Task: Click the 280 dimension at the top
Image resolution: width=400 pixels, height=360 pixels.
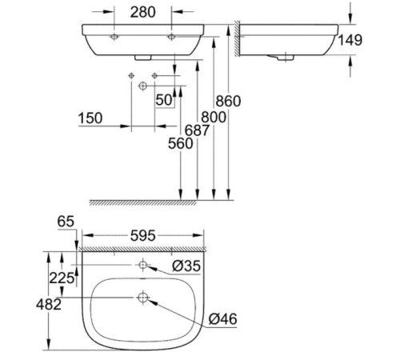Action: pos(143,12)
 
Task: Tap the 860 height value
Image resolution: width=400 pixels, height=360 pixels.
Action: pos(228,101)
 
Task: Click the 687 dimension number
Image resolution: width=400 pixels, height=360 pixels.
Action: pos(194,130)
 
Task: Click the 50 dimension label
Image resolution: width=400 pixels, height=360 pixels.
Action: pos(165,99)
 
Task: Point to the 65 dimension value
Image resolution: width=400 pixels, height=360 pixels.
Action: pos(65,222)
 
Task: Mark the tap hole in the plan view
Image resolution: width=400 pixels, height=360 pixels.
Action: pos(143,265)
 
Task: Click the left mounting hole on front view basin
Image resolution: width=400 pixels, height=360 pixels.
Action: pos(114,37)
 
